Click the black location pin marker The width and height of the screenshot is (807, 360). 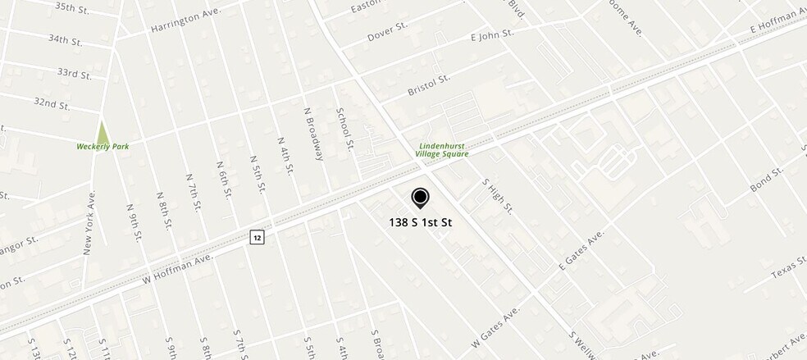click(x=420, y=198)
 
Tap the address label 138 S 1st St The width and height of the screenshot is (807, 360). click(x=421, y=222)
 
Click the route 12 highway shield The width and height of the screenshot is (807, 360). click(x=257, y=237)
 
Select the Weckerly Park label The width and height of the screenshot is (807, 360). click(x=103, y=147)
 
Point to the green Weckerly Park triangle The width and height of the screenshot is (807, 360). click(x=103, y=132)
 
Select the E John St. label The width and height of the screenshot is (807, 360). click(x=491, y=35)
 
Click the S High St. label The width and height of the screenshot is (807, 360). click(x=497, y=197)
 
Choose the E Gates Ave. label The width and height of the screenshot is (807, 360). click(x=581, y=251)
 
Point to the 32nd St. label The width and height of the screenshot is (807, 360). click(x=52, y=104)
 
